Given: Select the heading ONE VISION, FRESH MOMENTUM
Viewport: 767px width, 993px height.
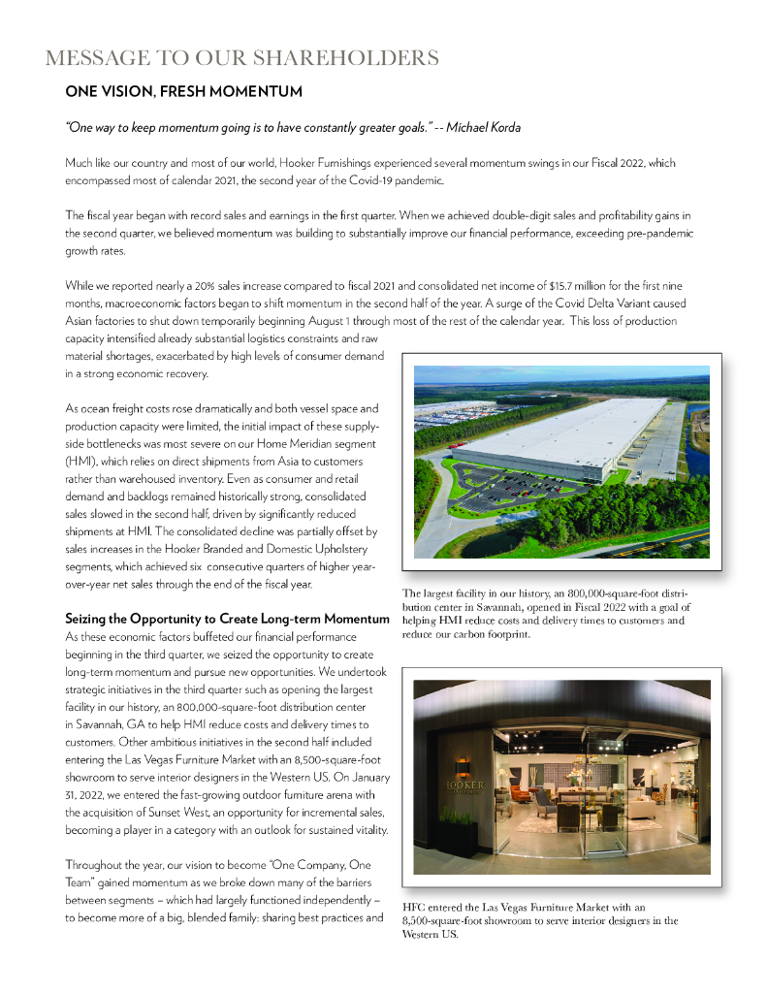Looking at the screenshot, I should coord(183,92).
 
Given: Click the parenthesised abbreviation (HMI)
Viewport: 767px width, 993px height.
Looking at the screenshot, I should coord(81,462).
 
